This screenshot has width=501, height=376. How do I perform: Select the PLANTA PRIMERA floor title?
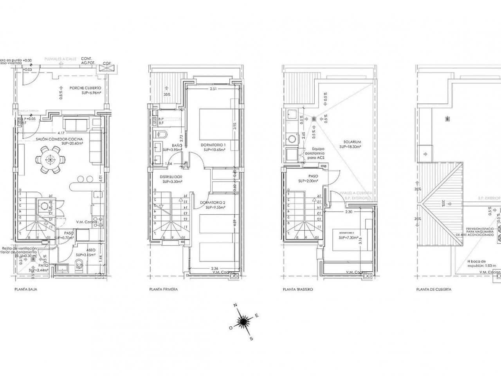(x=163, y=290)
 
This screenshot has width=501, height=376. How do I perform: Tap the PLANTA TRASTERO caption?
(x=297, y=290)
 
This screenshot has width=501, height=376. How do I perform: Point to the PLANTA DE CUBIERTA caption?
(x=434, y=290)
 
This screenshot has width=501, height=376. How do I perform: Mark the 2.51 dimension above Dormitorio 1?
(x=213, y=90)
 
